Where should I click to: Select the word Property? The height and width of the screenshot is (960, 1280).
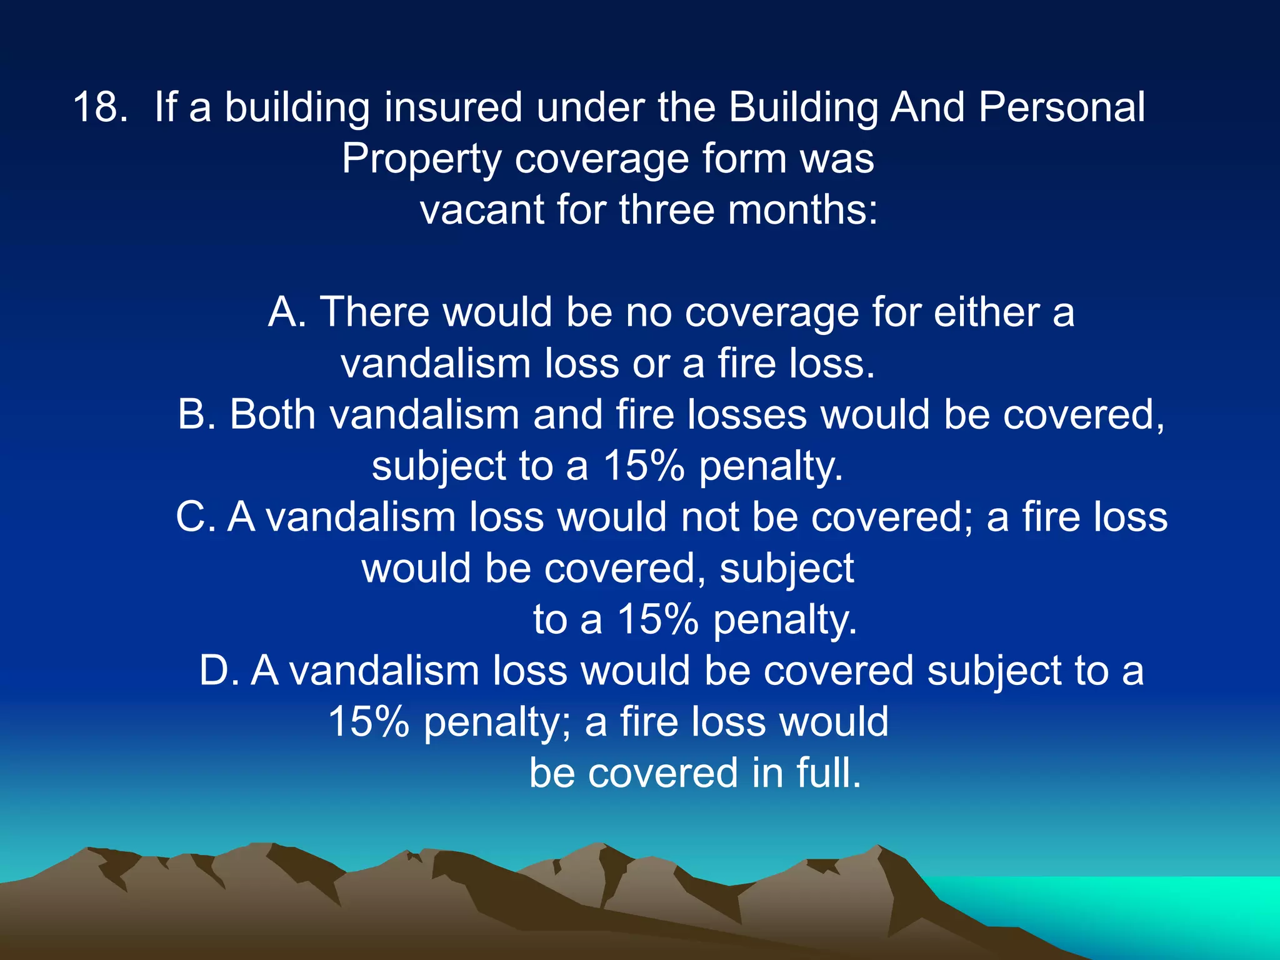[x=421, y=159]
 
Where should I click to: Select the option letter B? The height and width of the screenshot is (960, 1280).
[x=195, y=414]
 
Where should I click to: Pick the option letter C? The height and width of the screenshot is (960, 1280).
[x=194, y=517]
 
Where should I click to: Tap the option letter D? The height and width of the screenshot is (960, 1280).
[x=217, y=671]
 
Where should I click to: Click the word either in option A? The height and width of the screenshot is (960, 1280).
[x=986, y=312]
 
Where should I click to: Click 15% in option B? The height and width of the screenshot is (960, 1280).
[x=643, y=466]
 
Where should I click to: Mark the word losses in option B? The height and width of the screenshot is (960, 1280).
[x=747, y=414]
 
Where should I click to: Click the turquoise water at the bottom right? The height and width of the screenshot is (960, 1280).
[x=1156, y=906]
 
